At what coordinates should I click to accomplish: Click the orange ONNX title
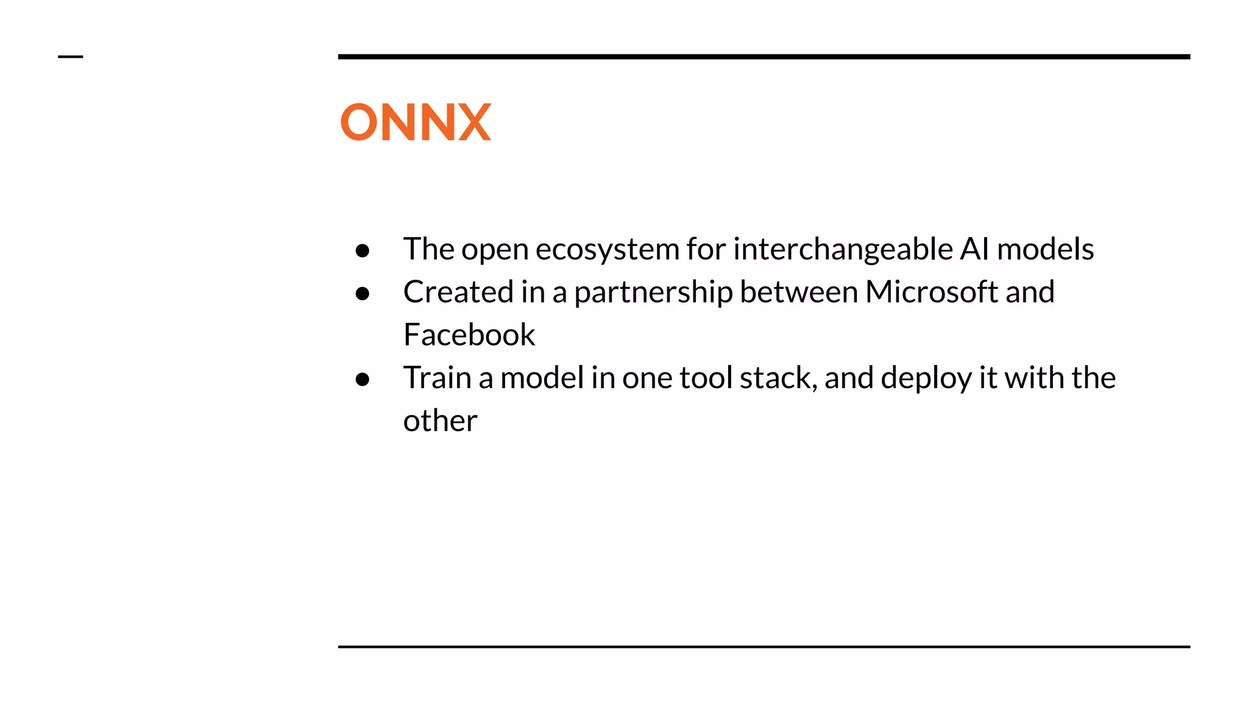pyautogui.click(x=416, y=122)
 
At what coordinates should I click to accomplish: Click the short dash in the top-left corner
pyautogui.click(x=70, y=57)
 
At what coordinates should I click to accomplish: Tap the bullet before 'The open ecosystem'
pyautogui.click(x=363, y=250)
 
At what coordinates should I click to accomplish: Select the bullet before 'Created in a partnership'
pyautogui.click(x=363, y=293)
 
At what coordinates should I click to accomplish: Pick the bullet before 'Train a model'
pyautogui.click(x=363, y=379)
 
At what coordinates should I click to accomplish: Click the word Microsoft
pyautogui.click(x=931, y=292)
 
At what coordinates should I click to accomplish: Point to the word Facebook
pyautogui.click(x=469, y=335)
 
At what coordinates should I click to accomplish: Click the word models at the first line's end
pyautogui.click(x=1045, y=249)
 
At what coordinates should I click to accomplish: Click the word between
pyautogui.click(x=799, y=292)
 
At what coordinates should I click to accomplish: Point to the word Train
pyautogui.click(x=437, y=377)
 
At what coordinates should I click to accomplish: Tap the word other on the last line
pyautogui.click(x=440, y=420)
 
